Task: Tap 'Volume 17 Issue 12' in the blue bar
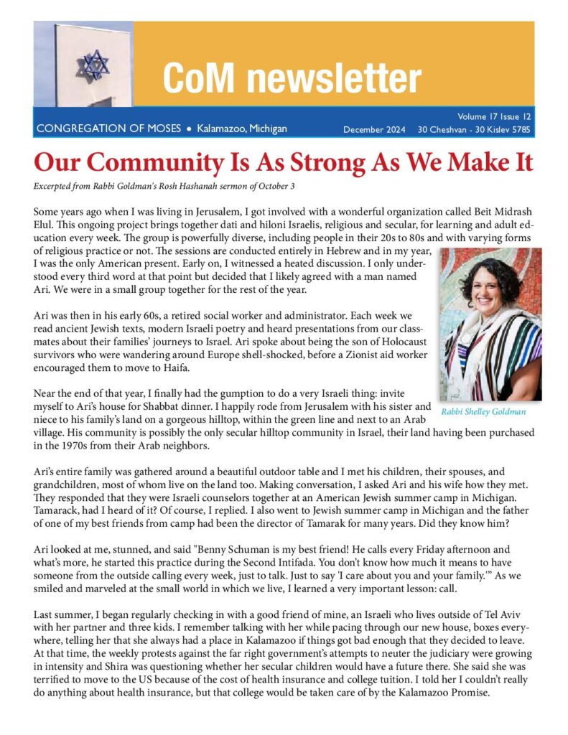click(x=495, y=116)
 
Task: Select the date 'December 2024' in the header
click(x=374, y=130)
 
